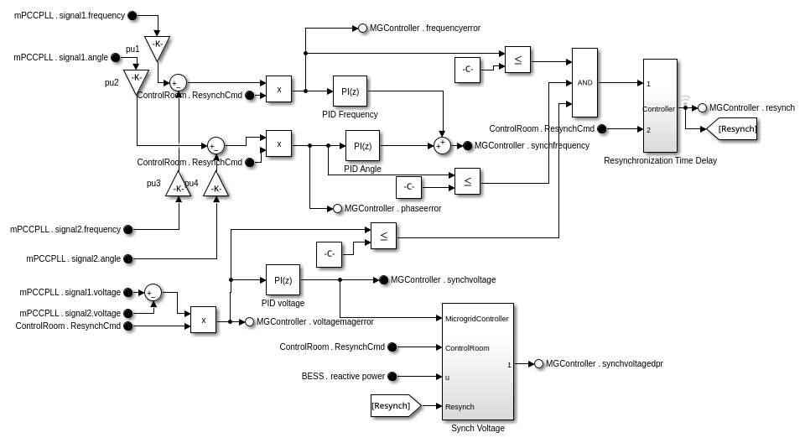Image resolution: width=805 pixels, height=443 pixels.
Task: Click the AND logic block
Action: click(584, 82)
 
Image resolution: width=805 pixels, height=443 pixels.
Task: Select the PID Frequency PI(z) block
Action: click(350, 91)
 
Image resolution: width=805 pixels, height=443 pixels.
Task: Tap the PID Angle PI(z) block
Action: click(362, 145)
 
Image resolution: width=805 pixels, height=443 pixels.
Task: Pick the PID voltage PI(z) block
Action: click(283, 279)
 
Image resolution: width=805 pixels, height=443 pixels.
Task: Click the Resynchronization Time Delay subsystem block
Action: click(660, 106)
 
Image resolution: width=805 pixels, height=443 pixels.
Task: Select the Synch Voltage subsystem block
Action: click(477, 361)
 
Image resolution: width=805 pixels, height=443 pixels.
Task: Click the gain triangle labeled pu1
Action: click(157, 47)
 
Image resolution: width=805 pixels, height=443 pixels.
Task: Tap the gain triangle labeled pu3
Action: click(178, 185)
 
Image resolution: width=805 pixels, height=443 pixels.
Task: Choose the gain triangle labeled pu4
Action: click(216, 185)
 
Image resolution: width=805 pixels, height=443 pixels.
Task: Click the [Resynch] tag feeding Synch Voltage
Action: click(395, 406)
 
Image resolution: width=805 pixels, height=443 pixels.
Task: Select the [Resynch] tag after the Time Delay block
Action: click(733, 128)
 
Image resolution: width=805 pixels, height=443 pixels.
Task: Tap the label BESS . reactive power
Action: click(343, 376)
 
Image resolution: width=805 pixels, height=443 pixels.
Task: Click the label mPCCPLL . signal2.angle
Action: click(73, 258)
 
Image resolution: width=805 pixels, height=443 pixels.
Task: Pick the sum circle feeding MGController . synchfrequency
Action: click(442, 145)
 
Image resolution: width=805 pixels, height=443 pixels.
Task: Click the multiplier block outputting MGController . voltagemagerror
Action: click(203, 320)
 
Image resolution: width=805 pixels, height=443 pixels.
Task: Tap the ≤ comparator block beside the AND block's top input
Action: click(517, 60)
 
